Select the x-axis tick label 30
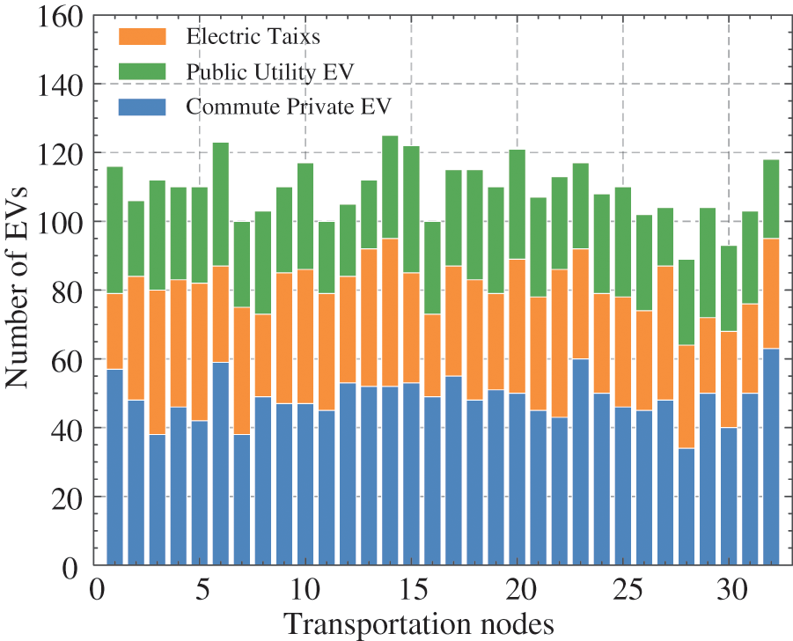pyautogui.click(x=729, y=587)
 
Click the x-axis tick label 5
pyautogui.click(x=199, y=587)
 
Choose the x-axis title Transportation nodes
pyautogui.click(x=418, y=623)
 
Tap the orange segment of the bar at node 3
pyautogui.click(x=157, y=362)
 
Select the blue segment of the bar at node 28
pyautogui.click(x=687, y=506)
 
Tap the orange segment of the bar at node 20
pyautogui.click(x=517, y=326)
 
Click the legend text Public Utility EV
pyautogui.click(x=269, y=71)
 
